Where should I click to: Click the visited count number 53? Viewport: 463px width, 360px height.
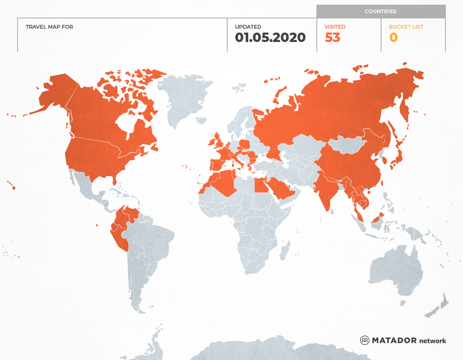[x=332, y=38]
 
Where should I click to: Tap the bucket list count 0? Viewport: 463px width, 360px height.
[x=393, y=38]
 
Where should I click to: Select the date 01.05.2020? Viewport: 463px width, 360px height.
[x=270, y=38]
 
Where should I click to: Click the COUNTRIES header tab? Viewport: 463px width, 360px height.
[x=380, y=12]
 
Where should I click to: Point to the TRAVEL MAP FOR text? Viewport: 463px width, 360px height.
[x=49, y=27]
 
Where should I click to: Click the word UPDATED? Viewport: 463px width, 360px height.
[x=248, y=27]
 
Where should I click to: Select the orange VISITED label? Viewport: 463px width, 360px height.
[x=335, y=27]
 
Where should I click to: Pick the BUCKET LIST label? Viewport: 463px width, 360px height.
[x=406, y=27]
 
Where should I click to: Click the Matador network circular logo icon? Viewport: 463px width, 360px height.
[x=364, y=340]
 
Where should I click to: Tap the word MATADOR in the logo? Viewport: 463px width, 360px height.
[x=394, y=340]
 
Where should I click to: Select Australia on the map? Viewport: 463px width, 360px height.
[x=394, y=270]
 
